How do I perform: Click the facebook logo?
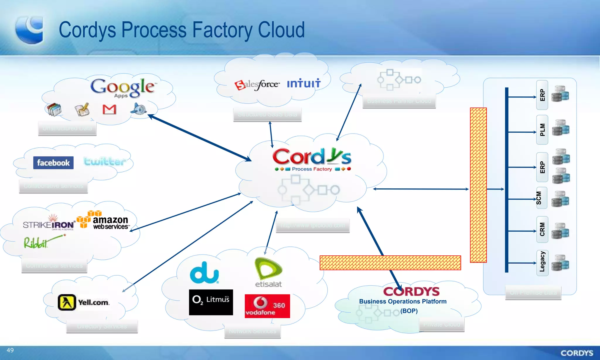[53, 163]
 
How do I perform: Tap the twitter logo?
[105, 161]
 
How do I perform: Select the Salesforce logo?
[257, 85]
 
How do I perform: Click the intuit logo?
[304, 83]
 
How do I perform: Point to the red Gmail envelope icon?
[109, 109]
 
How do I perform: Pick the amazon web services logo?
[103, 220]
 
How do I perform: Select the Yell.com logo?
[83, 302]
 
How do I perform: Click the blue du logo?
[204, 273]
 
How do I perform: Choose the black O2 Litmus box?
[211, 302]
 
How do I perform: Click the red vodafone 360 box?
[267, 306]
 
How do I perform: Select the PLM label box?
[542, 130]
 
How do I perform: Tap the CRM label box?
[542, 229]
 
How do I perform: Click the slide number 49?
[10, 350]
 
